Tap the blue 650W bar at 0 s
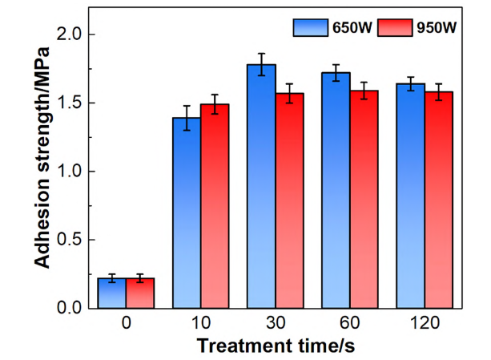click(x=112, y=293)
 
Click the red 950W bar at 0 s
click(x=141, y=293)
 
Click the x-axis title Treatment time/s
click(x=276, y=345)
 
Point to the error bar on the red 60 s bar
click(x=365, y=91)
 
